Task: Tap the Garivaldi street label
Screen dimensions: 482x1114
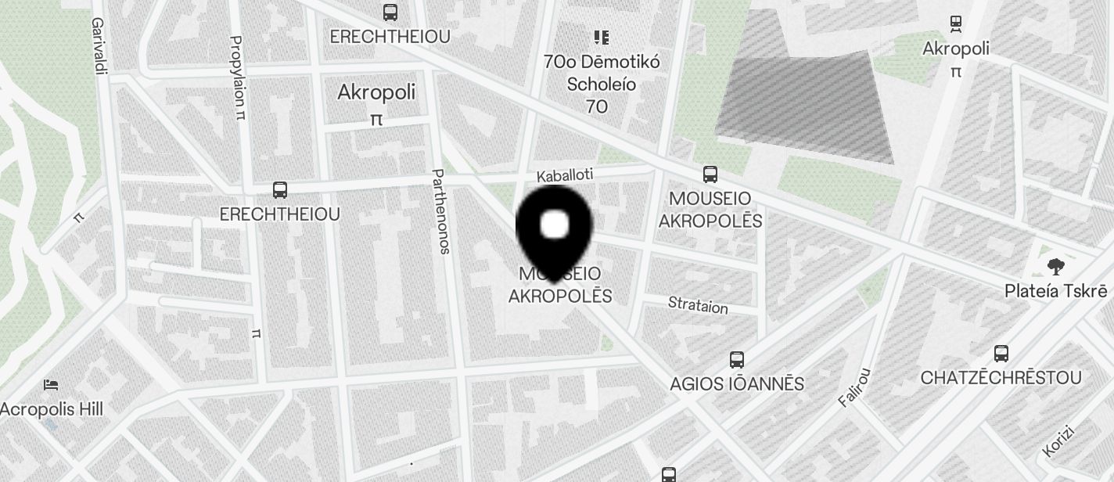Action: [x=99, y=47]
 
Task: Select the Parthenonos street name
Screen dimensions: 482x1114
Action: [x=440, y=211]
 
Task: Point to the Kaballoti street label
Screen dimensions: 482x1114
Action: [x=565, y=174]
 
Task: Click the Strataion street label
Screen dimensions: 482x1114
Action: [x=698, y=304]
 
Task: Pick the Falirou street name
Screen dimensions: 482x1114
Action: [x=853, y=387]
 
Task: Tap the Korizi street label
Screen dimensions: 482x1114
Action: [x=1059, y=441]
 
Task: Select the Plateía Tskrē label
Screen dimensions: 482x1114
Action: [x=1055, y=291]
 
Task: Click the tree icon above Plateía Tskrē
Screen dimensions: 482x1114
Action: [x=1055, y=267]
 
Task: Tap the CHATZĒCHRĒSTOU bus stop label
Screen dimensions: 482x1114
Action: [x=1001, y=378]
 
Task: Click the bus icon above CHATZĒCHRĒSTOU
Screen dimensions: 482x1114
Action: [x=1001, y=354]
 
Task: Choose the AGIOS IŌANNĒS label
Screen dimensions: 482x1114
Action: [x=737, y=384]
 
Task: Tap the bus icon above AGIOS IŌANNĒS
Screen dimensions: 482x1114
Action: [x=736, y=360]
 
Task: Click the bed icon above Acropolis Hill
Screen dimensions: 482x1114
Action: [x=51, y=385]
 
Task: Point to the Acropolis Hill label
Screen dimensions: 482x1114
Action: [x=52, y=409]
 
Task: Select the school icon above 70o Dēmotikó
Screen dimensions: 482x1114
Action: [x=601, y=37]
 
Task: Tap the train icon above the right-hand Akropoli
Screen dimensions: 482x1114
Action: [x=955, y=23]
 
